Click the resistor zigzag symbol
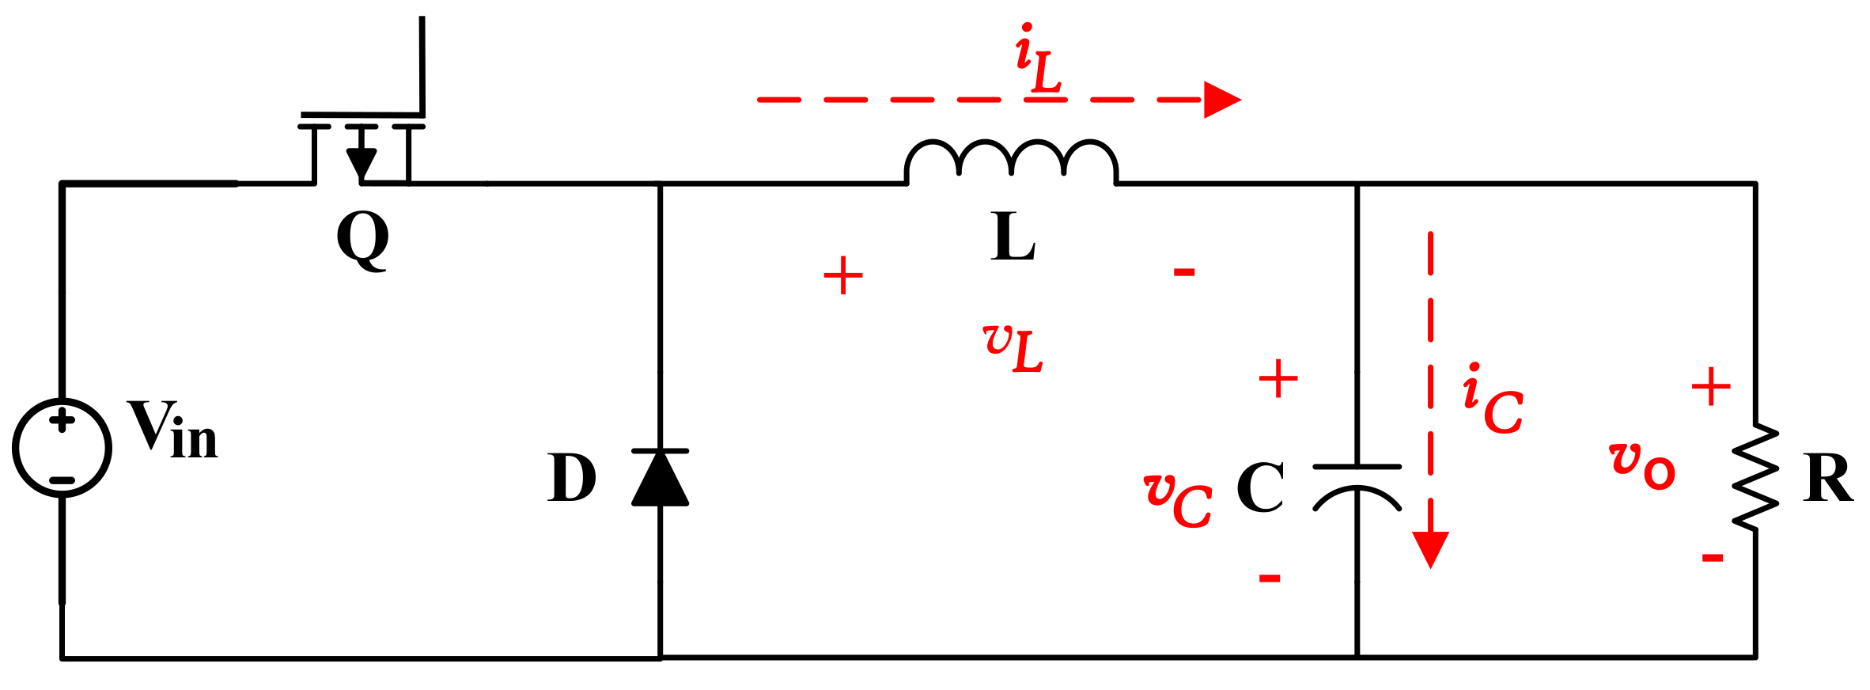[1755, 477]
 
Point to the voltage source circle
[62, 448]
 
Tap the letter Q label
[363, 240]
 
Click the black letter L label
[1013, 237]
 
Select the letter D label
[571, 478]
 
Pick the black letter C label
[1260, 487]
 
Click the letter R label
[1828, 479]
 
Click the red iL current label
[1039, 59]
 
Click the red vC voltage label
[1178, 499]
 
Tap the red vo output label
[1642, 466]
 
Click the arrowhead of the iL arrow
[1221, 100]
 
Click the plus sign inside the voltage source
[62, 420]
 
